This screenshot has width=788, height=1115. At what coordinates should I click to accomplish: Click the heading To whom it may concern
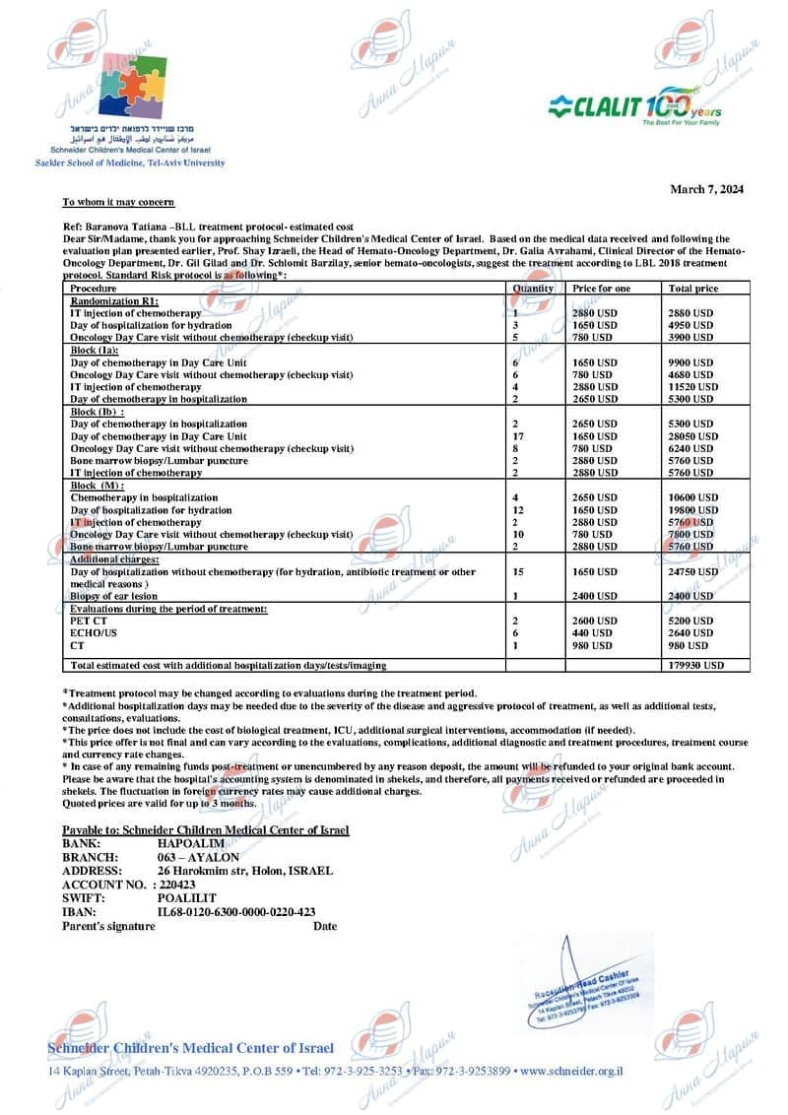[x=118, y=202]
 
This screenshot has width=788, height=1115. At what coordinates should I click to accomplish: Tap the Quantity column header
[x=533, y=289]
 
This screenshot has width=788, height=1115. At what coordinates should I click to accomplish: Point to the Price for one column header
[x=602, y=289]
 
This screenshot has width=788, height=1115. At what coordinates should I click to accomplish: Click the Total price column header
[x=693, y=289]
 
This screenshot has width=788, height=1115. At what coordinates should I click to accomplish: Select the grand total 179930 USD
[x=695, y=666]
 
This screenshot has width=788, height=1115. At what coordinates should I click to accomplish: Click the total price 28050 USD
[x=692, y=436]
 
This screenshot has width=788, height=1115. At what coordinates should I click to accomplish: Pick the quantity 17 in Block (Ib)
[x=518, y=436]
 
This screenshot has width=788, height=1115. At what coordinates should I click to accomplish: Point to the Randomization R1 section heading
[x=115, y=300]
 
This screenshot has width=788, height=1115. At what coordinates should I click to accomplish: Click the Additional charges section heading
[x=114, y=559]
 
